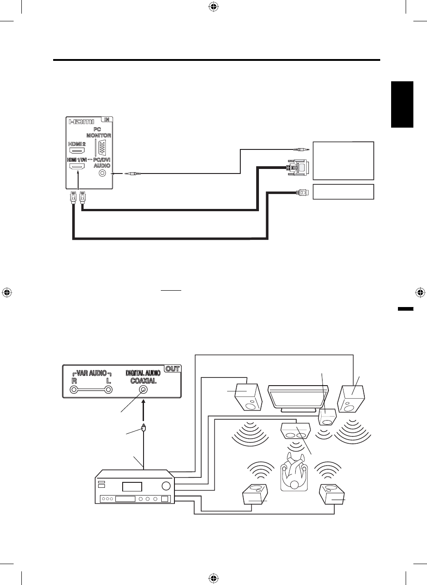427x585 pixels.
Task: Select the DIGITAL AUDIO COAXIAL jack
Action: (144, 389)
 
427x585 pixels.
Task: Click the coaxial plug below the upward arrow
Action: (144, 427)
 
